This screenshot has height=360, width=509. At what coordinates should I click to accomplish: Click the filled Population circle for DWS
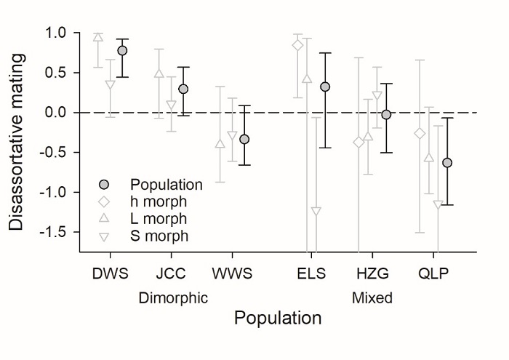pyautogui.click(x=122, y=51)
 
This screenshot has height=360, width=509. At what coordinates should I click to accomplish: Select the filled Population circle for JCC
pyautogui.click(x=183, y=89)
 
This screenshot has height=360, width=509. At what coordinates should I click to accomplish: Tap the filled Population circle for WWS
pyautogui.click(x=244, y=139)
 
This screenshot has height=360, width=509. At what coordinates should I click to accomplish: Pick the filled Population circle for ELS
pyautogui.click(x=325, y=87)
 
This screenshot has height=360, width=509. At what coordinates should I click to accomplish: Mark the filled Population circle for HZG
pyautogui.click(x=386, y=115)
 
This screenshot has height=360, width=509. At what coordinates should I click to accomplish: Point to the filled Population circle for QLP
pyautogui.click(x=447, y=163)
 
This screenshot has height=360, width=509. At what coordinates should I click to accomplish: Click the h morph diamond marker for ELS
pyautogui.click(x=297, y=45)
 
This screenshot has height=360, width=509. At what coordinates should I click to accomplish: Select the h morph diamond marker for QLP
pyautogui.click(x=419, y=134)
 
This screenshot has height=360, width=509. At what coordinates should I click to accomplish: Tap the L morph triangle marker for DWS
pyautogui.click(x=98, y=37)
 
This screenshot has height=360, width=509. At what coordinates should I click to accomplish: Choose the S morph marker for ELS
pyautogui.click(x=316, y=211)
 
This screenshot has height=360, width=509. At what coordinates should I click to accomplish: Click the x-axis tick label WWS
pyautogui.click(x=232, y=273)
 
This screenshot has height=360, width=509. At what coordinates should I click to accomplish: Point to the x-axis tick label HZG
pyautogui.click(x=374, y=273)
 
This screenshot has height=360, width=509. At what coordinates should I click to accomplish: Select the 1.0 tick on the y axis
pyautogui.click(x=55, y=33)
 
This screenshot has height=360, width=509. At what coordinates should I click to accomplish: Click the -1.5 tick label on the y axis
pyautogui.click(x=52, y=232)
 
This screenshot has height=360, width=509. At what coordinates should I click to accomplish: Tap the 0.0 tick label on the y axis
pyautogui.click(x=55, y=113)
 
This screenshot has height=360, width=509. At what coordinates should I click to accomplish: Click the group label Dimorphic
pyautogui.click(x=173, y=297)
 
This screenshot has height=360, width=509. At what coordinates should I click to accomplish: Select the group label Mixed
pyautogui.click(x=372, y=297)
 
